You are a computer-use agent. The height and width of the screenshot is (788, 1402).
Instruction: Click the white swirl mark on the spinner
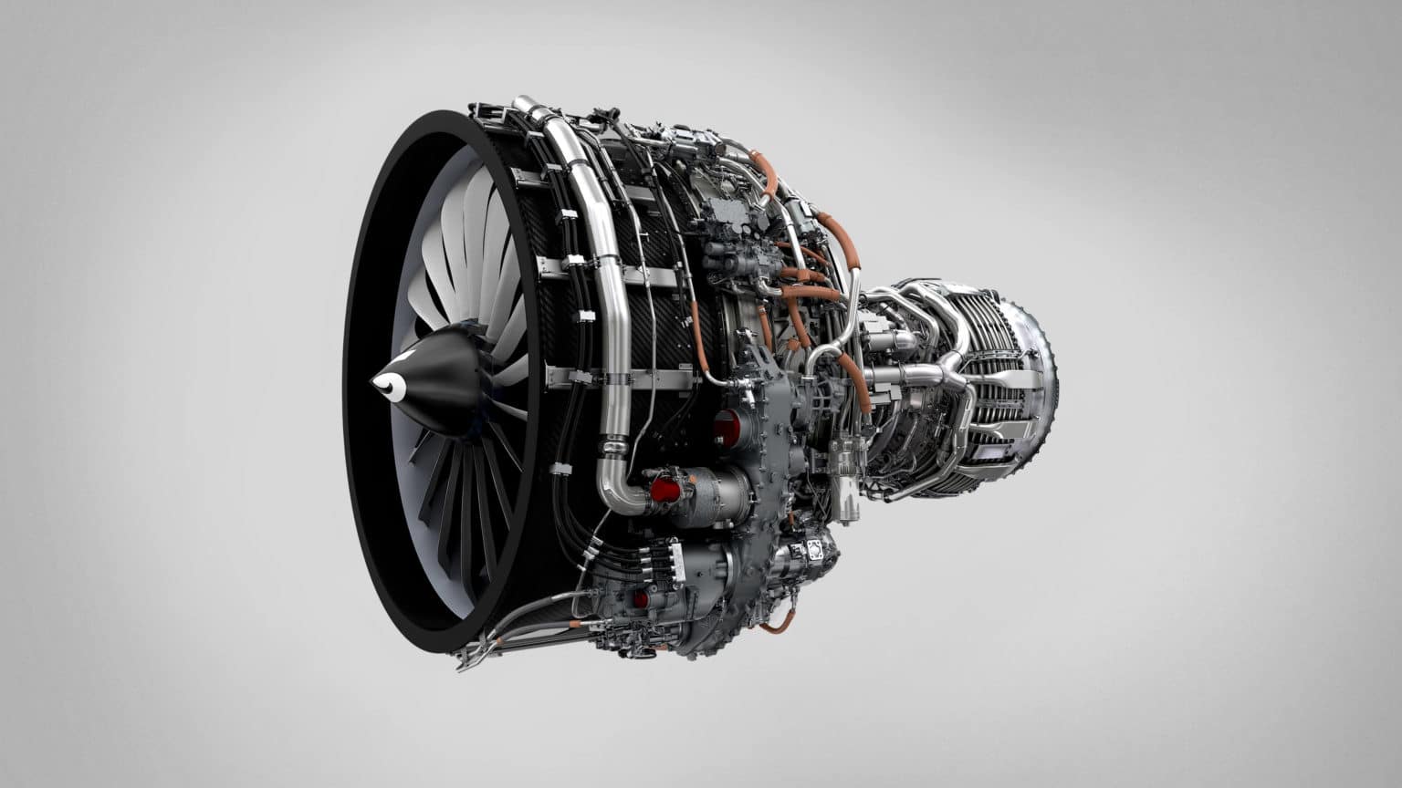point(391,386)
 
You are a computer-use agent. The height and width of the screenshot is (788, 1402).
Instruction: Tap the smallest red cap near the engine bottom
point(642,598)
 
